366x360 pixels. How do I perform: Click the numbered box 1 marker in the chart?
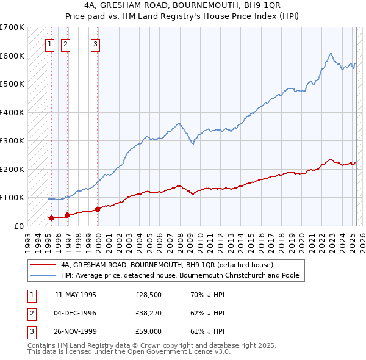[49, 43]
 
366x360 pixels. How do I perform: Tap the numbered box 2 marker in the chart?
[65, 43]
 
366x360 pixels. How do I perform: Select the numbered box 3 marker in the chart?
[96, 43]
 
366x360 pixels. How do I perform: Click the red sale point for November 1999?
[98, 209]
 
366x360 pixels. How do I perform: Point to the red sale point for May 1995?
[51, 218]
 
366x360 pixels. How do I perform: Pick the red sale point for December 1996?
[67, 215]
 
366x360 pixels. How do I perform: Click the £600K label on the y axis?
[12, 56]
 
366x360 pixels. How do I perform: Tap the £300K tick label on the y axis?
[12, 140]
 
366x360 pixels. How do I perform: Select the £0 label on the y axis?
[18, 226]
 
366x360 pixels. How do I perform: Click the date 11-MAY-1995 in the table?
[76, 294]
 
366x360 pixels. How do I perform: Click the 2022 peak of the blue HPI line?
[330, 54]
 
